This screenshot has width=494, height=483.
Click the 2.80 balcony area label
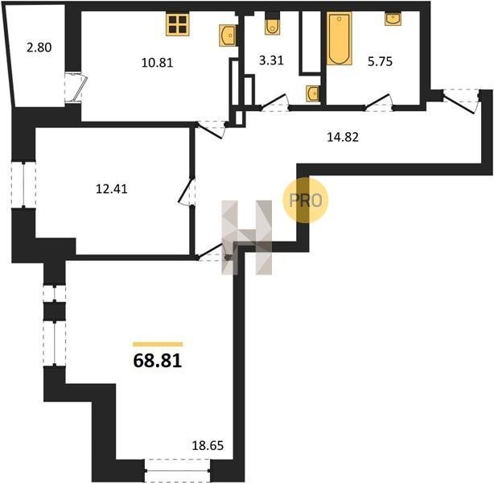[39, 47]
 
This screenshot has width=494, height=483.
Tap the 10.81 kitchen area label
[157, 63]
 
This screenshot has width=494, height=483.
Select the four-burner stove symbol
[178, 24]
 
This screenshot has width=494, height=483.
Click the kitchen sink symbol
[228, 35]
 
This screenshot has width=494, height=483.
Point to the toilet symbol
[272, 26]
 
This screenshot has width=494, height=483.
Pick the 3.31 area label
[271, 60]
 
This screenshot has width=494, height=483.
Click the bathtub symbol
[339, 39]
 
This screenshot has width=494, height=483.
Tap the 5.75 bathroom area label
[380, 61]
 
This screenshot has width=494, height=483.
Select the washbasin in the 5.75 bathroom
[393, 19]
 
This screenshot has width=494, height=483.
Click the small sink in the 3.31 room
[312, 93]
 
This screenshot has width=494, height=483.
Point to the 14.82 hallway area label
[343, 137]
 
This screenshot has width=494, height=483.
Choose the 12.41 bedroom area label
[112, 189]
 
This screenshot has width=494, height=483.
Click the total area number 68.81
[158, 361]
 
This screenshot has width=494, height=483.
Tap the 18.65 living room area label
[208, 445]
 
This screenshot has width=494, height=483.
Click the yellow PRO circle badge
[305, 200]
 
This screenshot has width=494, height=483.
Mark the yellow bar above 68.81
[158, 345]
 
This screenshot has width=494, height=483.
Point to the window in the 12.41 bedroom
[23, 185]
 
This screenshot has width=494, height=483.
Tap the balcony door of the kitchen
[76, 88]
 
